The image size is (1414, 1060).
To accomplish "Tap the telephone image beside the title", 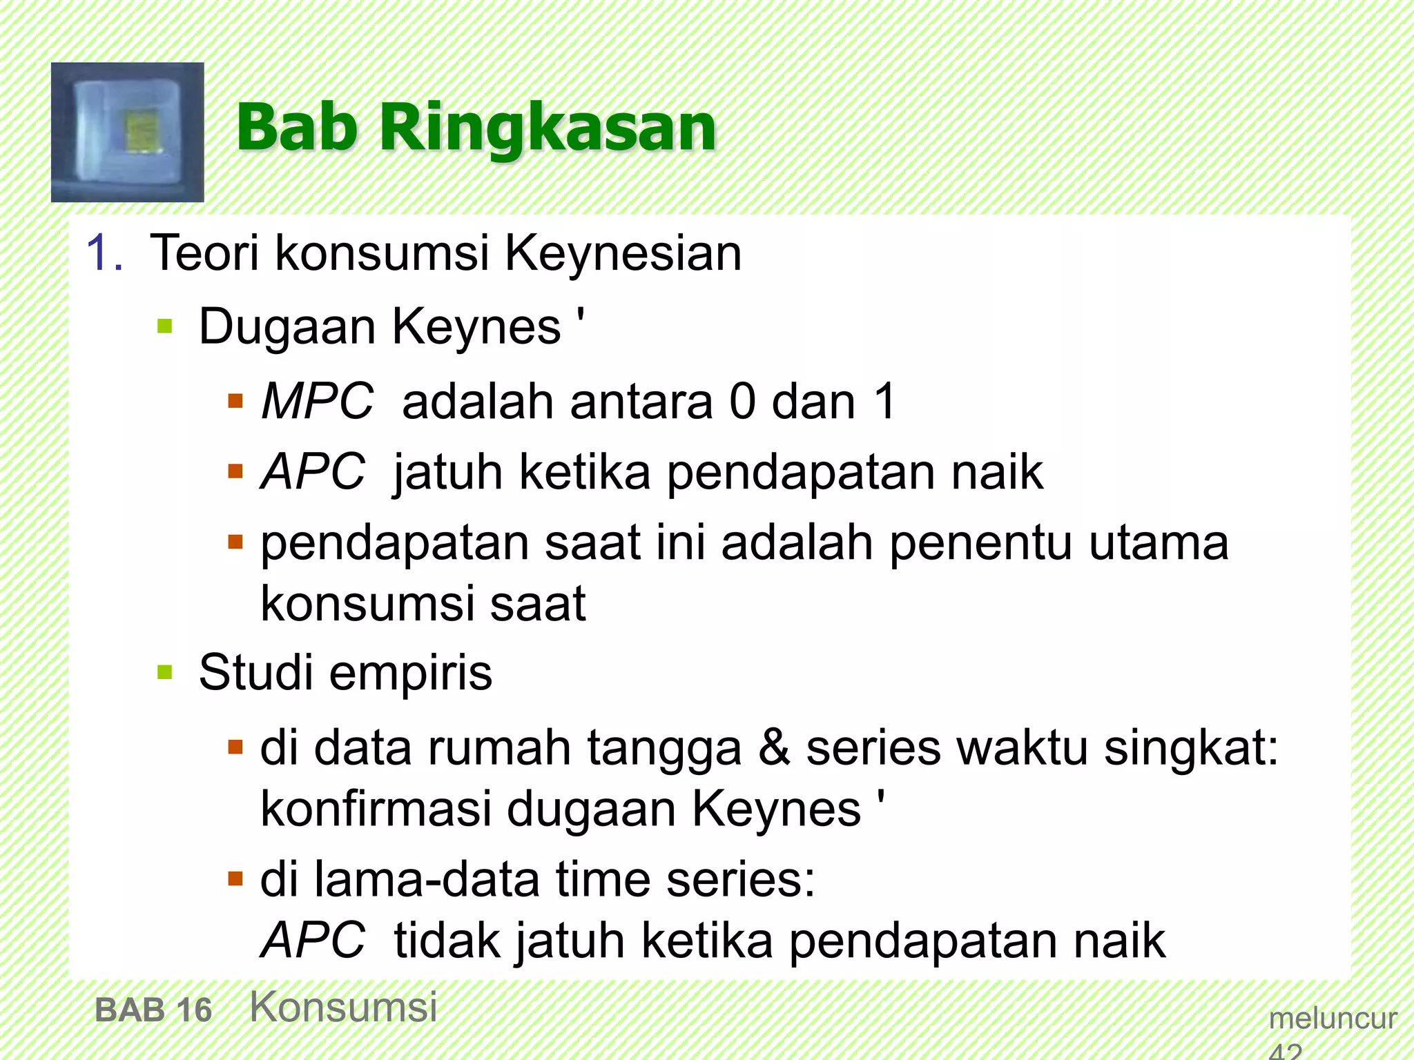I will pos(128,132).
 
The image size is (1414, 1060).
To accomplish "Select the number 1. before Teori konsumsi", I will pos(105,253).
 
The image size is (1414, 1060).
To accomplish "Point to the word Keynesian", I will pos(623,253).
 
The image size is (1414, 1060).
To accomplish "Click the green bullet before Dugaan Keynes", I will pos(164,326).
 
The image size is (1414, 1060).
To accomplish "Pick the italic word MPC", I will pos(317,401).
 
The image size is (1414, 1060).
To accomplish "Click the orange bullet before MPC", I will pos(235,401).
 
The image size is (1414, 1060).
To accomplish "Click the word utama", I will pos(1159,542).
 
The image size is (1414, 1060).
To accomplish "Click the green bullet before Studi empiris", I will pos(164,672).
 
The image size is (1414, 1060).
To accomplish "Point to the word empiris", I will pos(411,674).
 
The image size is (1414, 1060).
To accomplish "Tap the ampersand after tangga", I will pos(774,747).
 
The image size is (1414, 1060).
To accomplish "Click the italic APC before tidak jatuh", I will pos(313,940).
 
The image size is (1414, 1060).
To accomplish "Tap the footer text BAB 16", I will pos(153,1010).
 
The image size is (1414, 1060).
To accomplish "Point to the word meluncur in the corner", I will pos(1333,1019).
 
